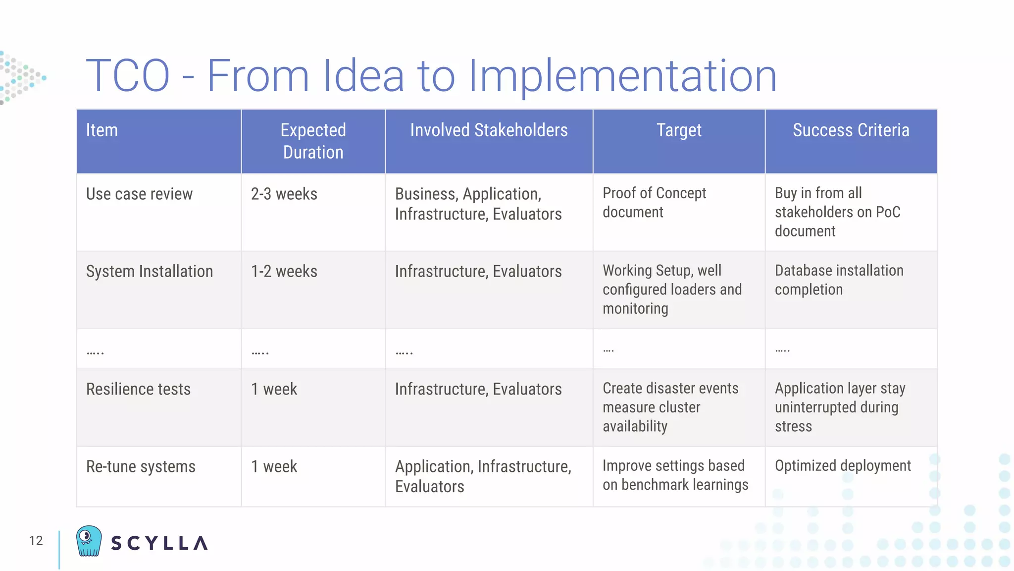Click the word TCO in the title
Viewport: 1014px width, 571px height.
pyautogui.click(x=128, y=76)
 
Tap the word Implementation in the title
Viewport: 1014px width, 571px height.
pyautogui.click(x=622, y=76)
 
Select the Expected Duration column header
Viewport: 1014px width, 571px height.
pyautogui.click(x=313, y=141)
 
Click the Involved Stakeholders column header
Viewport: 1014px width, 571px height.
pyautogui.click(x=489, y=130)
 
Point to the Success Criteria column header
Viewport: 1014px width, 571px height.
pyautogui.click(x=851, y=130)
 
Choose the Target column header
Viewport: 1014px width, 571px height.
pyautogui.click(x=679, y=130)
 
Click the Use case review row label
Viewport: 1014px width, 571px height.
pyautogui.click(x=139, y=194)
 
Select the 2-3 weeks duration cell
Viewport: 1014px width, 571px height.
pyautogui.click(x=284, y=194)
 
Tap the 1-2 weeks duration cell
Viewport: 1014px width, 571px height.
pyautogui.click(x=284, y=272)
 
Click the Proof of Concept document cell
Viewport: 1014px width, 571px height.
pyautogui.click(x=654, y=202)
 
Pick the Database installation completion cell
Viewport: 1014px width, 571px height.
pyautogui.click(x=839, y=280)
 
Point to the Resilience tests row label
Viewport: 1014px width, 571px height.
pyautogui.click(x=138, y=389)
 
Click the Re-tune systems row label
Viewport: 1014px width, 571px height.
pyautogui.click(x=141, y=466)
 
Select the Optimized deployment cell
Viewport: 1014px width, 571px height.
pyautogui.click(x=843, y=466)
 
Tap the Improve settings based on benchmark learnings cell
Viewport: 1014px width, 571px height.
pyautogui.click(x=675, y=475)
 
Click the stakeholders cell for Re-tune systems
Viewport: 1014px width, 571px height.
pyautogui.click(x=483, y=476)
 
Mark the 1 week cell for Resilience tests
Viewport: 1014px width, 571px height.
pyautogui.click(x=274, y=389)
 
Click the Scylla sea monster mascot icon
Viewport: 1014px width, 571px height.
pyautogui.click(x=89, y=541)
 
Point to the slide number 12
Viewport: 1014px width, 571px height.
pyautogui.click(x=36, y=541)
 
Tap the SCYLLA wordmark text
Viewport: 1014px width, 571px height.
pyautogui.click(x=159, y=543)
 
